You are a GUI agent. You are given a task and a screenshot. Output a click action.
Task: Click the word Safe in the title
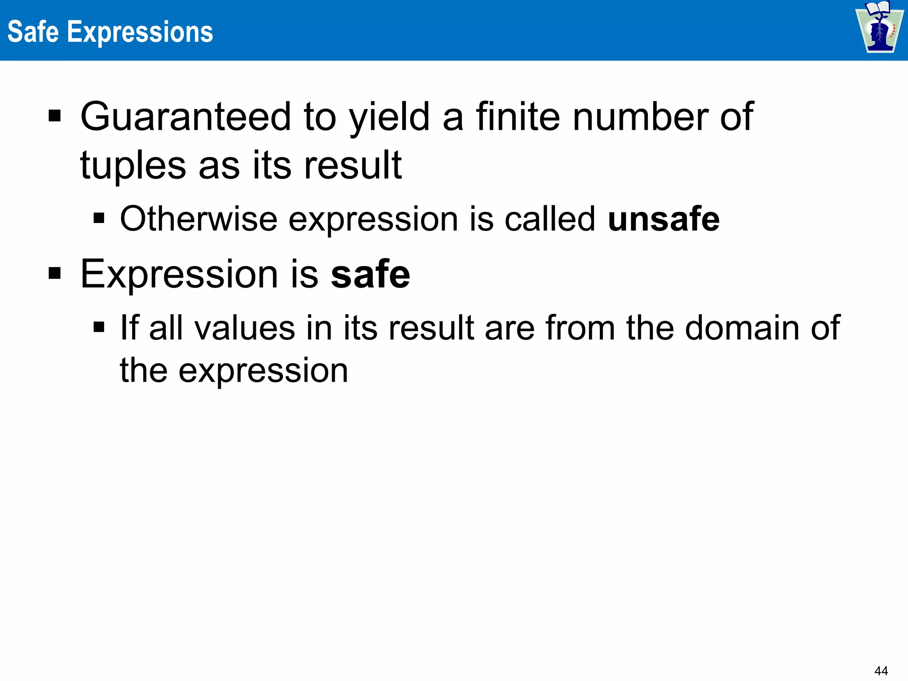tap(33, 32)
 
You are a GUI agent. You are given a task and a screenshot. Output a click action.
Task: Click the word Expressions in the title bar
tap(140, 33)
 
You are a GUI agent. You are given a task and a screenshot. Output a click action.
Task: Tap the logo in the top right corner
tap(879, 27)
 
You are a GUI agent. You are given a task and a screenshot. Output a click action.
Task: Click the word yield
tap(389, 117)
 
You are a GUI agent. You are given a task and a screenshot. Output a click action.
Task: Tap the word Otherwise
tap(199, 219)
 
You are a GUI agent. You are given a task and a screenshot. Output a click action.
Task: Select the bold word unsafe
tap(664, 219)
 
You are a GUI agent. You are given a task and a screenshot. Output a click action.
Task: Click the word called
tap(550, 219)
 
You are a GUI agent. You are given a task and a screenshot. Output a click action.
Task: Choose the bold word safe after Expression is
tap(370, 274)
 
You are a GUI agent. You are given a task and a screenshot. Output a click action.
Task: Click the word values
tap(245, 328)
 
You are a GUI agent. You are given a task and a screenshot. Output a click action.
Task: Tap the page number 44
tap(881, 671)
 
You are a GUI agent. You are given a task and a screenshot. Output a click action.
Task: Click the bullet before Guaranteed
tap(55, 117)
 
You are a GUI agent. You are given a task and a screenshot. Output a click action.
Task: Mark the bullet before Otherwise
tap(99, 219)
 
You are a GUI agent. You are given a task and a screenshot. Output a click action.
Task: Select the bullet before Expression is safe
tap(55, 274)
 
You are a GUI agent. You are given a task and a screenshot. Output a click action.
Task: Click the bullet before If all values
tap(99, 328)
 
